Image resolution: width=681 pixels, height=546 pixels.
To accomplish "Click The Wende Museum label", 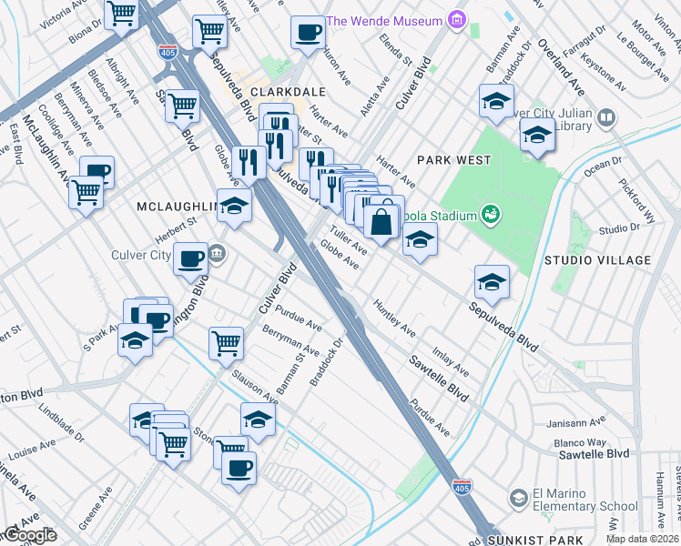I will point(383,20).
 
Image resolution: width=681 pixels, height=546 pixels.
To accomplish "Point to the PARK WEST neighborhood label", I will point(453,160).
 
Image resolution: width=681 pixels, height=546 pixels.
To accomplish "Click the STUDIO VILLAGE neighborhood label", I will point(597,260).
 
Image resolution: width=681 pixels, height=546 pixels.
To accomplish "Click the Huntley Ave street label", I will point(393,318).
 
